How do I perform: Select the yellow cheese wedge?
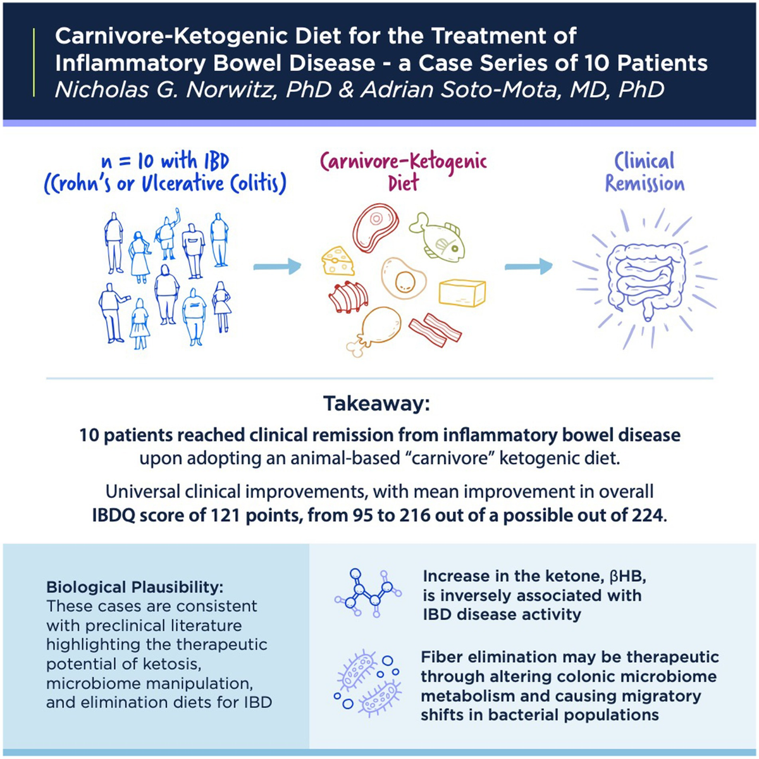click(339, 261)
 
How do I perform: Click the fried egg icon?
click(403, 279)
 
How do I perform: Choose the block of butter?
click(462, 293)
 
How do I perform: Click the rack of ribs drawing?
click(349, 296)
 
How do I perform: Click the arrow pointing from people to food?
click(277, 266)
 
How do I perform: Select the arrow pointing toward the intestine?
click(528, 266)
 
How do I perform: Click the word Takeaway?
click(376, 404)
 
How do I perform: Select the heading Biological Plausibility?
click(135, 586)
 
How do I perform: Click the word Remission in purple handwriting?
click(645, 183)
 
